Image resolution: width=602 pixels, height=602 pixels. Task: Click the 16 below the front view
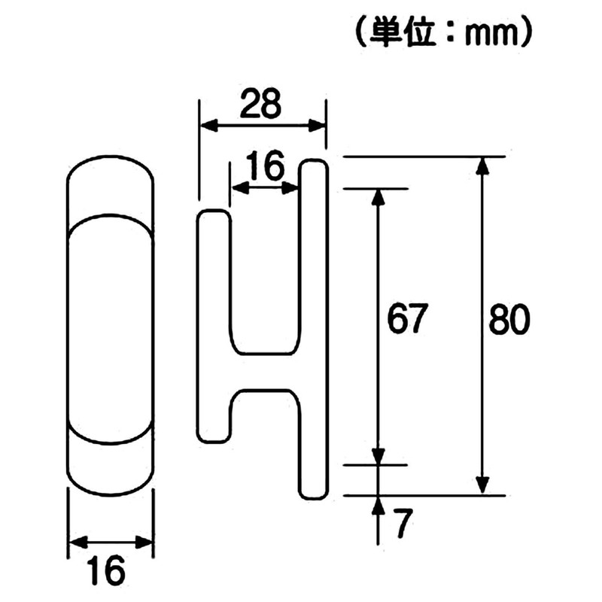(x=110, y=573)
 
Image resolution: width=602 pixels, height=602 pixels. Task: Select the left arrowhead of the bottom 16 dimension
(x=74, y=543)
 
